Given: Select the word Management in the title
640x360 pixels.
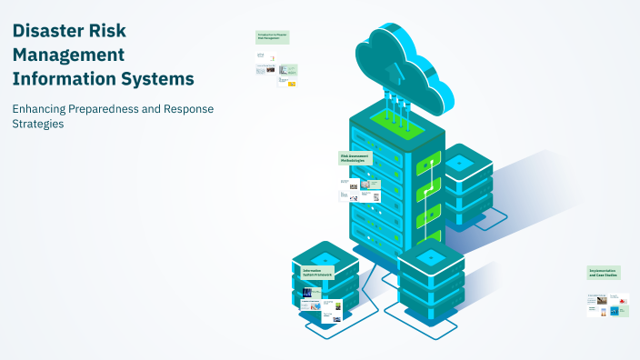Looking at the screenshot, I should click(x=68, y=54).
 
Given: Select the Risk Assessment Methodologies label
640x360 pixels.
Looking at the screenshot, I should click(x=356, y=158).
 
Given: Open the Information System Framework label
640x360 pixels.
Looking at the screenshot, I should click(x=317, y=272).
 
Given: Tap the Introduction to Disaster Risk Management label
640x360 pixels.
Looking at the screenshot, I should click(x=273, y=37).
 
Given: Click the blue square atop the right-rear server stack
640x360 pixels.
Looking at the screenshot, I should click(x=458, y=163).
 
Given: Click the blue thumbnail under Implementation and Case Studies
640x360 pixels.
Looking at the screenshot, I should click(x=615, y=311).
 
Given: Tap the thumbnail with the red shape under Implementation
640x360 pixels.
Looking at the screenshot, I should click(x=623, y=299).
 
